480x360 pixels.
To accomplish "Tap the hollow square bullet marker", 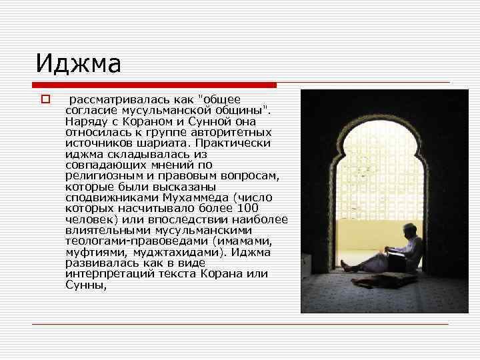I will [x=45, y=100].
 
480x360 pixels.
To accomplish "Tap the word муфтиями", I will [x=94, y=252].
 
